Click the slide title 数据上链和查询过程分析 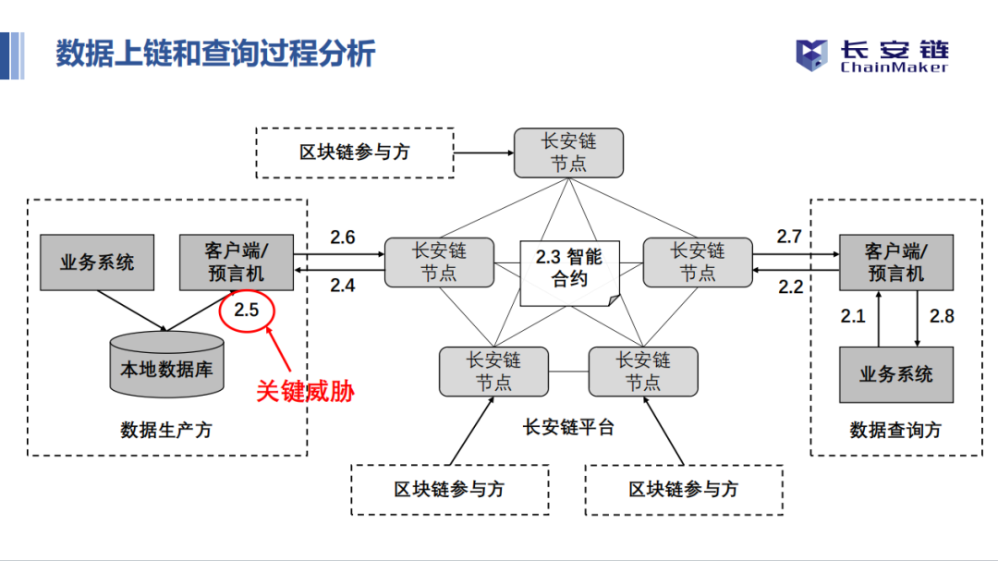(x=215, y=54)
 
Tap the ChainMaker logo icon (x=812, y=55)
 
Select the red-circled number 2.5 (x=247, y=310)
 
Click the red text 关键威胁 (x=305, y=391)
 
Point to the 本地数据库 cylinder (x=166, y=367)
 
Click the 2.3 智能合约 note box (x=569, y=268)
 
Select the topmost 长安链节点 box (x=568, y=152)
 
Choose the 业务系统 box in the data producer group (x=97, y=262)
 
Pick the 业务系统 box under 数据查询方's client (x=895, y=374)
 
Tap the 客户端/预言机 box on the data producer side (x=235, y=262)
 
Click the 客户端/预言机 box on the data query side (x=895, y=262)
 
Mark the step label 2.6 (x=342, y=238)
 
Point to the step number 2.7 (x=788, y=238)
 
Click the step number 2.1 (x=852, y=316)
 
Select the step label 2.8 (x=941, y=316)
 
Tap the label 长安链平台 (x=568, y=427)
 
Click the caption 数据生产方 (x=166, y=430)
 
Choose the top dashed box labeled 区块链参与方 (x=354, y=152)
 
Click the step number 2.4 (x=342, y=286)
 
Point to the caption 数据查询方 (x=895, y=430)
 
